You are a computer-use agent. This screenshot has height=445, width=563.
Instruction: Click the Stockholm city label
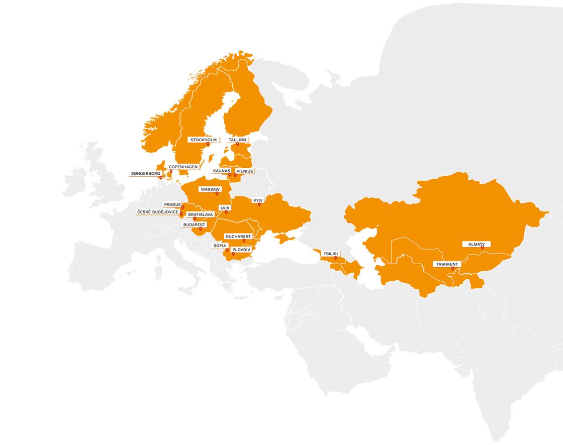[x=203, y=140]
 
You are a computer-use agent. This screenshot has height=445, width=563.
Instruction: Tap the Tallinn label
[x=237, y=140]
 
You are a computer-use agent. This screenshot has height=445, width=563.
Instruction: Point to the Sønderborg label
[x=146, y=173]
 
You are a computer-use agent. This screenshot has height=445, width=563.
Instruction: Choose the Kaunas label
[x=221, y=171]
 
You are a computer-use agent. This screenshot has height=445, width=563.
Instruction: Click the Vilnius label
[x=245, y=171]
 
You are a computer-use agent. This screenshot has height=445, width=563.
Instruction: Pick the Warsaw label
[x=210, y=189]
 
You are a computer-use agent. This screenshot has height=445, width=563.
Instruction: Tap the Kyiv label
[x=258, y=200]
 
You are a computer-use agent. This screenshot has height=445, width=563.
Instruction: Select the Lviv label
[x=225, y=207]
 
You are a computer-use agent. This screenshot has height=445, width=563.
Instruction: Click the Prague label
[x=172, y=204]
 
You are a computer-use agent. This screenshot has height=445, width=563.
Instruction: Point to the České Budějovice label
[x=157, y=212]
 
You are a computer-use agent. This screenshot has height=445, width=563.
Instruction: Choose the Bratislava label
[x=201, y=214]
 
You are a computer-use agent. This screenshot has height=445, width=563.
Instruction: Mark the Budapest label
[x=194, y=225]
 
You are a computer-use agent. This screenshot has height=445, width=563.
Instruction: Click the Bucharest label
[x=238, y=236]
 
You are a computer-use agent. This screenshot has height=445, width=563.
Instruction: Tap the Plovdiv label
[x=241, y=249]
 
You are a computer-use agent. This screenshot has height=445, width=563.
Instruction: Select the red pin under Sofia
[x=227, y=250]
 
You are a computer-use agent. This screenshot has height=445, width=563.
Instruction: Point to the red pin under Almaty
[x=483, y=248]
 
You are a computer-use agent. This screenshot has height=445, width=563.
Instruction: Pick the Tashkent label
[x=447, y=264]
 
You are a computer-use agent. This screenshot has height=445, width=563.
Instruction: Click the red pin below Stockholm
[x=208, y=144]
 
